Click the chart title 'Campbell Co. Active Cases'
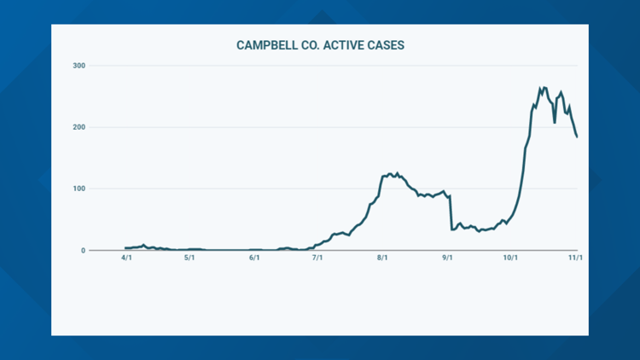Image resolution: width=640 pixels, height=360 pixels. (x=320, y=45)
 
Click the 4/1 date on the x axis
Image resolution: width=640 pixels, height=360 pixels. (x=126, y=259)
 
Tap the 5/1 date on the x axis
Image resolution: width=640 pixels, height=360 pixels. (x=190, y=259)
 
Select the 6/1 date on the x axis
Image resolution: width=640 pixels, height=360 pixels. (x=254, y=259)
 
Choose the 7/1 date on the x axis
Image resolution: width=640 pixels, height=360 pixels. (x=317, y=259)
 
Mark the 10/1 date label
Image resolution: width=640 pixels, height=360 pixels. (x=510, y=259)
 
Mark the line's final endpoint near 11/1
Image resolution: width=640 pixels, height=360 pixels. (x=577, y=136)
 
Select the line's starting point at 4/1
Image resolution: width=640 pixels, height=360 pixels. (x=125, y=248)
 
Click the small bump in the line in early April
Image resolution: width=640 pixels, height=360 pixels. (x=143, y=245)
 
